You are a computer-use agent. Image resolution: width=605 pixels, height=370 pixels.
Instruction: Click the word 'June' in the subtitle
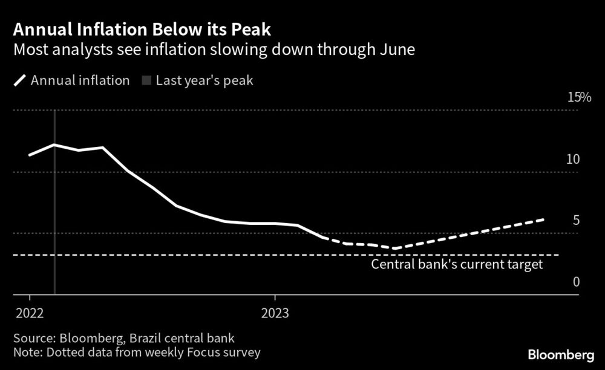click(397, 50)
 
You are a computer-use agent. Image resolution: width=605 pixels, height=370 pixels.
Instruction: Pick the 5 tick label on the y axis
click(576, 220)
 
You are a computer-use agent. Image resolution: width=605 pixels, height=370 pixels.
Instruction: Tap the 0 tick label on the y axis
click(576, 282)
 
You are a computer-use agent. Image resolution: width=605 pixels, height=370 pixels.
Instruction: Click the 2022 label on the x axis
click(29, 313)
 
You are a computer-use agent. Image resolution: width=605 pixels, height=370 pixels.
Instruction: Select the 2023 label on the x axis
click(275, 313)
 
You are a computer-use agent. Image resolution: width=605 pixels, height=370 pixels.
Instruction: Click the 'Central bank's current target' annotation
click(457, 264)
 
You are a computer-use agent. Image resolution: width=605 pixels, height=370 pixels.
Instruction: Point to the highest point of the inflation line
click(54, 144)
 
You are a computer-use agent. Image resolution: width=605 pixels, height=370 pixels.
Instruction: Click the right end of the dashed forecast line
click(544, 219)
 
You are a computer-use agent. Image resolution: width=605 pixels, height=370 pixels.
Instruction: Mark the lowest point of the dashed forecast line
click(394, 248)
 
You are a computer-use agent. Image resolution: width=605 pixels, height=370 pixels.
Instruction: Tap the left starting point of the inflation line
click(29, 155)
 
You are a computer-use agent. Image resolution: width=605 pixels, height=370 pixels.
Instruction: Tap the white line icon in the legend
click(20, 80)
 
